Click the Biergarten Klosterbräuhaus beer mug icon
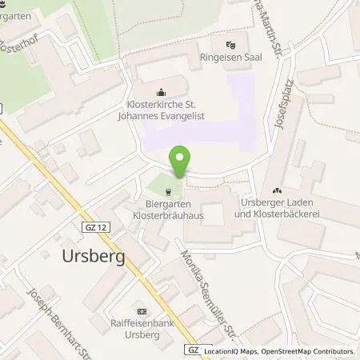(169, 192)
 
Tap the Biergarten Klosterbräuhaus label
(167, 211)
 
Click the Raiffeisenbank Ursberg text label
(141, 331)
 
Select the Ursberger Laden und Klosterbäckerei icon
(278, 190)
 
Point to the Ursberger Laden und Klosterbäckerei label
(277, 210)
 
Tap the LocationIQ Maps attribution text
(233, 351)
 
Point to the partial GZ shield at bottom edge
(193, 350)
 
